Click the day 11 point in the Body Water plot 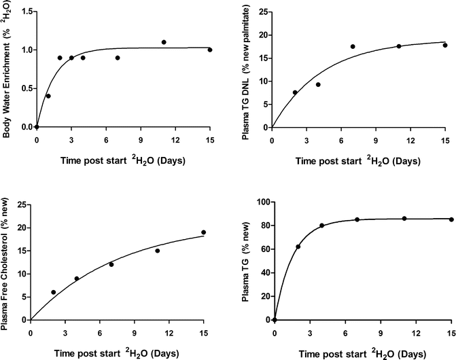164,42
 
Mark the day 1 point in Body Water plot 48,96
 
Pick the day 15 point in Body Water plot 210,50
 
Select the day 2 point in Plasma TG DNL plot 295,92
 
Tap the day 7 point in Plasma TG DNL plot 353,46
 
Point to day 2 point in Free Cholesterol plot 54,292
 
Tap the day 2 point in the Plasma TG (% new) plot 298,247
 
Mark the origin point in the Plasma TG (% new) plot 275,319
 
